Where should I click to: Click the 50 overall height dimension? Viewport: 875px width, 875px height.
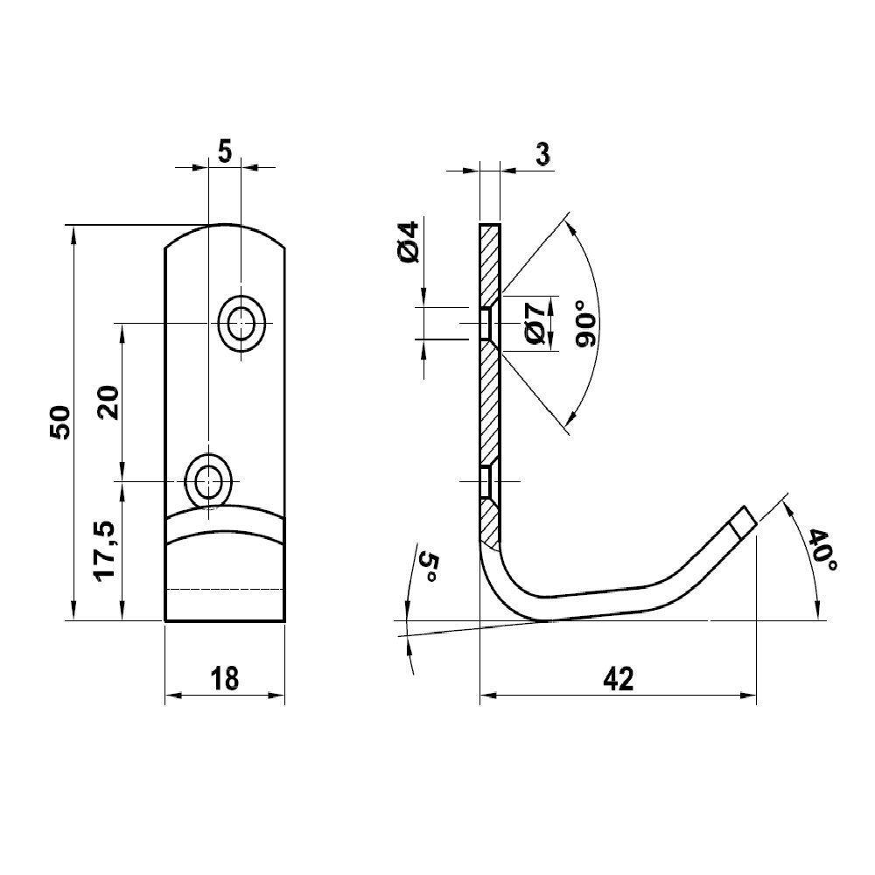tap(59, 423)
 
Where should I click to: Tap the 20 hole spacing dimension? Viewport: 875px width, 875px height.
tap(108, 402)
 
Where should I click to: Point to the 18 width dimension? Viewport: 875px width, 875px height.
tap(225, 679)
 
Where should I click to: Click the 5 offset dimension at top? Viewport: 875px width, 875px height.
tap(224, 151)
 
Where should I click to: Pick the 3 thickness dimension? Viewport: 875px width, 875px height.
tap(542, 153)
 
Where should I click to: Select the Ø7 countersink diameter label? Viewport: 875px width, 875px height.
tap(536, 324)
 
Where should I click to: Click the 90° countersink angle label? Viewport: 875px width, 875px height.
tap(588, 323)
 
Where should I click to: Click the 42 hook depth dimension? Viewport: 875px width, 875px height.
tap(619, 679)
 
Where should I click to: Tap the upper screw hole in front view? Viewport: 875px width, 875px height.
tap(241, 323)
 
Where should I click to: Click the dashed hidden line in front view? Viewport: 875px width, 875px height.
tap(225, 589)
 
